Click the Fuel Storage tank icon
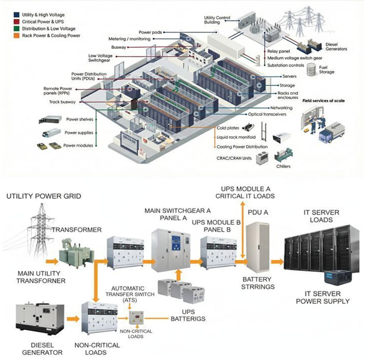tap(311, 70)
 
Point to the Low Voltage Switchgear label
tap(104, 58)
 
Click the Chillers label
tap(283, 167)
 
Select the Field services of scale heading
tap(327, 100)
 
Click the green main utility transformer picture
tap(73, 251)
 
